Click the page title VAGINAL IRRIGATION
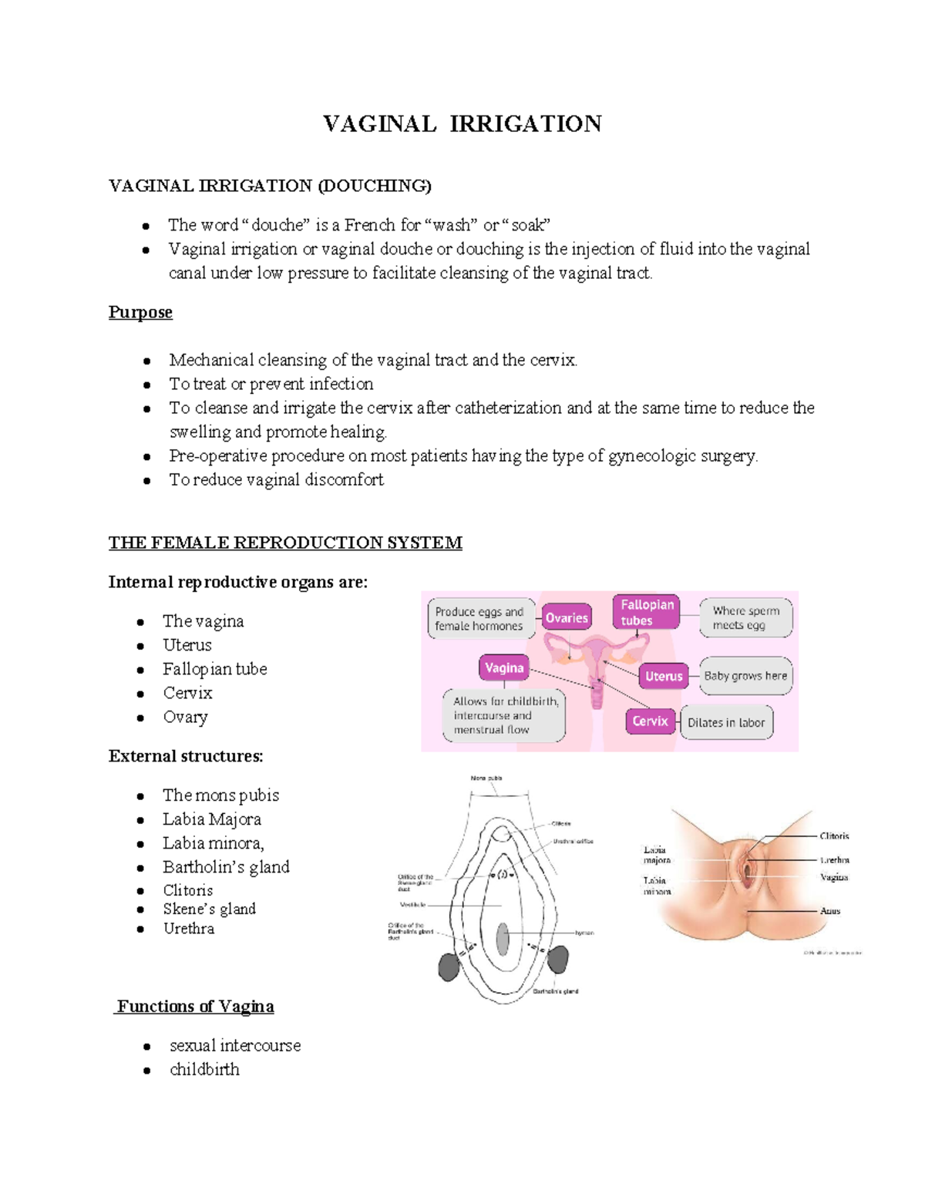coord(462,124)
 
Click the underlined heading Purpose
coord(140,312)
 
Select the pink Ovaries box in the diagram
coord(567,617)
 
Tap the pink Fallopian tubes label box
coord(646,612)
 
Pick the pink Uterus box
coord(664,676)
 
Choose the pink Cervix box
coord(650,721)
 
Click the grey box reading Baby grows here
coord(745,676)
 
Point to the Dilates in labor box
coord(726,722)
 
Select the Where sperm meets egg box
coord(745,617)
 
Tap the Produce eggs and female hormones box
coord(479,618)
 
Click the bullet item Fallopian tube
coord(214,669)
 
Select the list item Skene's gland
coord(209,909)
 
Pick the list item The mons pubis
coord(220,795)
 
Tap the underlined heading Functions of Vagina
coord(195,1007)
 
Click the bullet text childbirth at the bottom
coord(204,1069)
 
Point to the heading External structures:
coord(186,756)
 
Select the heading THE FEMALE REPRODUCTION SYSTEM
coord(285,543)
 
